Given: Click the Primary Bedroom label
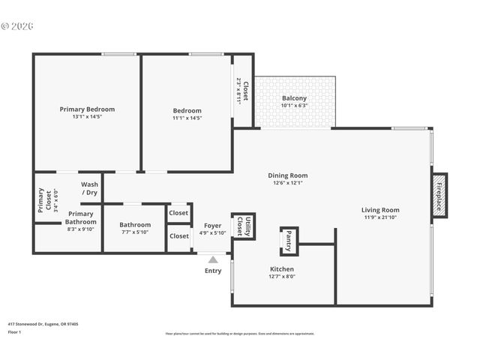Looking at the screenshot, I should click(87, 109).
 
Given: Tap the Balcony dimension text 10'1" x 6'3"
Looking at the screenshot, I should click(294, 106).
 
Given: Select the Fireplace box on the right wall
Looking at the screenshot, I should click(439, 196).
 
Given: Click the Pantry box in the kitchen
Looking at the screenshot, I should click(289, 241).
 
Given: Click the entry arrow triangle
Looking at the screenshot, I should click(212, 259).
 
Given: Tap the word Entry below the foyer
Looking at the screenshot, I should click(213, 271).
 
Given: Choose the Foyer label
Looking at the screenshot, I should click(212, 224).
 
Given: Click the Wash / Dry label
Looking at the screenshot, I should click(90, 188).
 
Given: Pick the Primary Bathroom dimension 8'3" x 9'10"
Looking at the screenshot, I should click(80, 229).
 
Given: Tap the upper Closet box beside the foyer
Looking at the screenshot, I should click(178, 213).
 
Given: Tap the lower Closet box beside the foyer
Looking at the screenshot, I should click(178, 236).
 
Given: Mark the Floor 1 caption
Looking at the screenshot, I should click(13, 331).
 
